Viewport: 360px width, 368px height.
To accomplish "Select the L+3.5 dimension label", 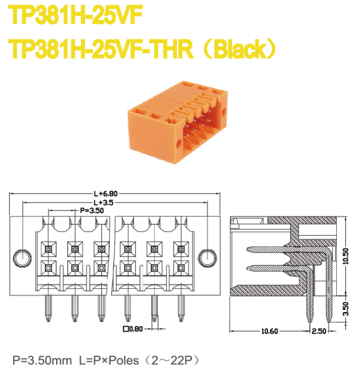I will pyautogui.click(x=104, y=202).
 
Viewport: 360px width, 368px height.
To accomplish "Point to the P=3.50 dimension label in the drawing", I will pyautogui.click(x=92, y=210).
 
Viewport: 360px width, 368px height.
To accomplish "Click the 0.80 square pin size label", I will pyautogui.click(x=133, y=328).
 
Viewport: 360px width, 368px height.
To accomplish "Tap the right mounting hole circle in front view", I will pyautogui.click(x=206, y=257).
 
